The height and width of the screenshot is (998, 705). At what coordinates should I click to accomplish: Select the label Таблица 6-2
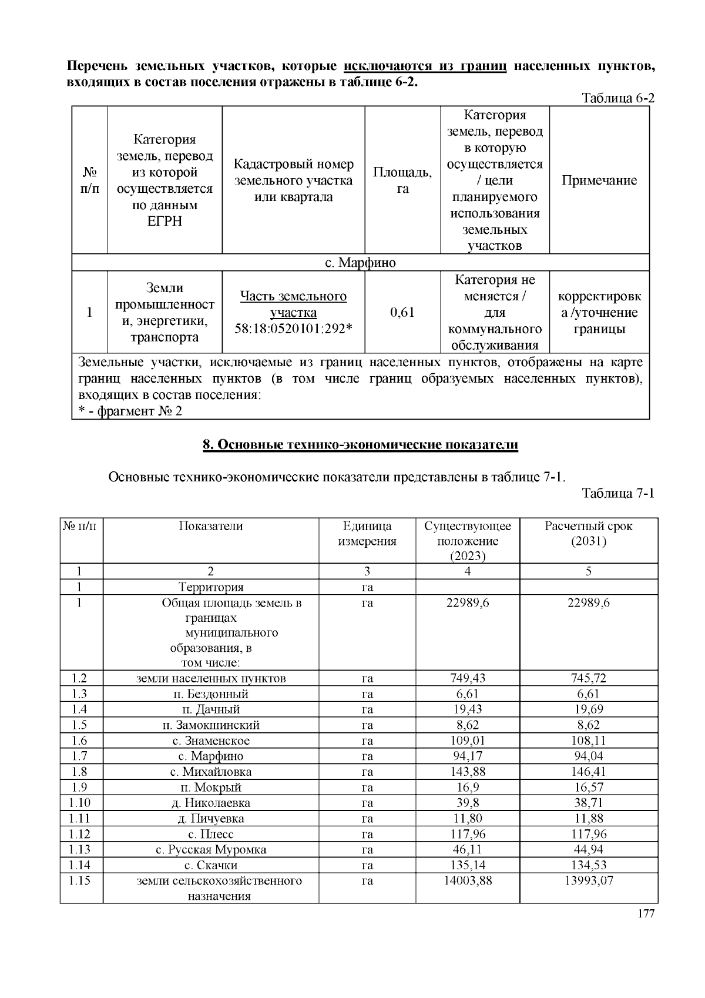pyautogui.click(x=617, y=98)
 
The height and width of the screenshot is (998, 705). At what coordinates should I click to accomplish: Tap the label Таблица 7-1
pyautogui.click(x=617, y=493)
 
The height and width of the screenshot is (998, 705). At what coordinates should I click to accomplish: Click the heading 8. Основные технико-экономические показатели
pyautogui.click(x=360, y=445)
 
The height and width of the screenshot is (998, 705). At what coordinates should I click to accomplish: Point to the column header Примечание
pyautogui.click(x=599, y=180)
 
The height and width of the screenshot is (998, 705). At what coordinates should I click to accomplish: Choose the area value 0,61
pyautogui.click(x=402, y=312)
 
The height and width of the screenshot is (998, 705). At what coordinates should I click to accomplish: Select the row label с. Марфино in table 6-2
pyautogui.click(x=360, y=263)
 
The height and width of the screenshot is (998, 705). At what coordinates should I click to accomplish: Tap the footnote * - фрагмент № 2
pyautogui.click(x=130, y=411)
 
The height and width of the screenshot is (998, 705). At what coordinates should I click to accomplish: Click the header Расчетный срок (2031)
pyautogui.click(x=588, y=533)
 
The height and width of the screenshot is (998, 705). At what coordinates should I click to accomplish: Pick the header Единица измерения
pyautogui.click(x=367, y=533)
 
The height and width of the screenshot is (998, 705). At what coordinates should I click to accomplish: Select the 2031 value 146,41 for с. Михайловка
pyautogui.click(x=588, y=772)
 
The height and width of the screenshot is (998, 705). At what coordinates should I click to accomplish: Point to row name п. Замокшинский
pyautogui.click(x=211, y=725)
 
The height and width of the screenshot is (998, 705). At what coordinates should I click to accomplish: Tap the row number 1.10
pyautogui.click(x=80, y=803)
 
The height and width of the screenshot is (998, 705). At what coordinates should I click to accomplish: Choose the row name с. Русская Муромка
pyautogui.click(x=211, y=849)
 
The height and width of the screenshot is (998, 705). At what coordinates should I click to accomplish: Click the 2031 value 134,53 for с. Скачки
pyautogui.click(x=588, y=865)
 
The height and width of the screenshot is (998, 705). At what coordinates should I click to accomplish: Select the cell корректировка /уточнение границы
pyautogui.click(x=599, y=312)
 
